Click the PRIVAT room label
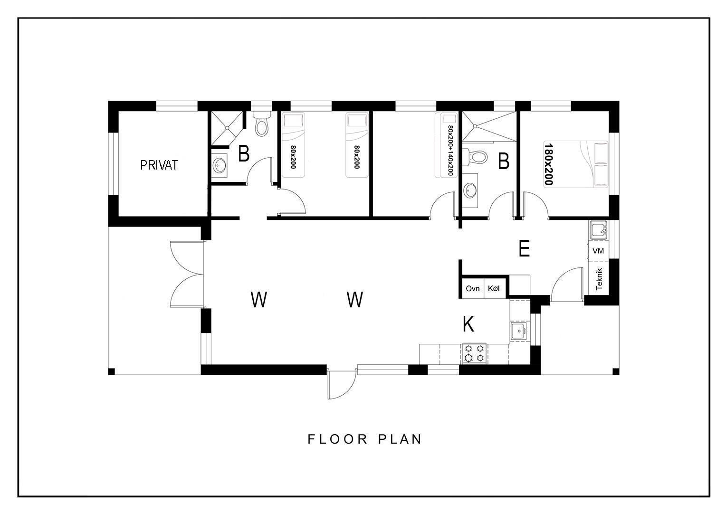159,165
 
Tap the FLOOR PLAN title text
364,439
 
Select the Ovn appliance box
473,288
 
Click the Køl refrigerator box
494,288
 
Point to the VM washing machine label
598,250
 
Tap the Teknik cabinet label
599,279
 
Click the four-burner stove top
475,354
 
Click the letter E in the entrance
524,248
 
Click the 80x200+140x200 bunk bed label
450,151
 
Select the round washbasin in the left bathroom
220,166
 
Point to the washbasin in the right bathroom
470,190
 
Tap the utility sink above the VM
598,230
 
